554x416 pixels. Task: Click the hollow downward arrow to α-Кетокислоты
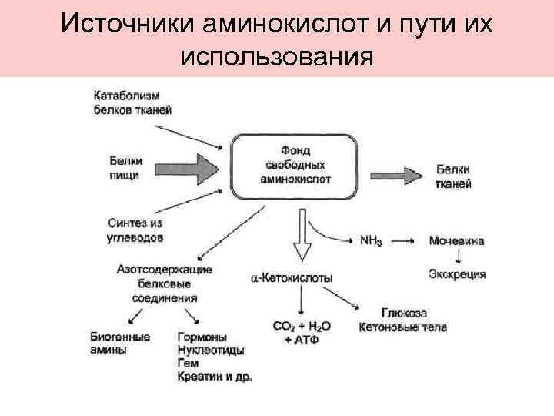point(302,240)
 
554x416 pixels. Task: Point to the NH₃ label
point(373,240)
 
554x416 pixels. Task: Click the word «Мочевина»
point(457,241)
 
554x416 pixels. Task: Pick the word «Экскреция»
point(457,274)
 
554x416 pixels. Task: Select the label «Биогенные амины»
point(119,343)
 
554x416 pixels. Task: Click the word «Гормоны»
point(202,337)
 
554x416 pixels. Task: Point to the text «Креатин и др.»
point(215,377)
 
